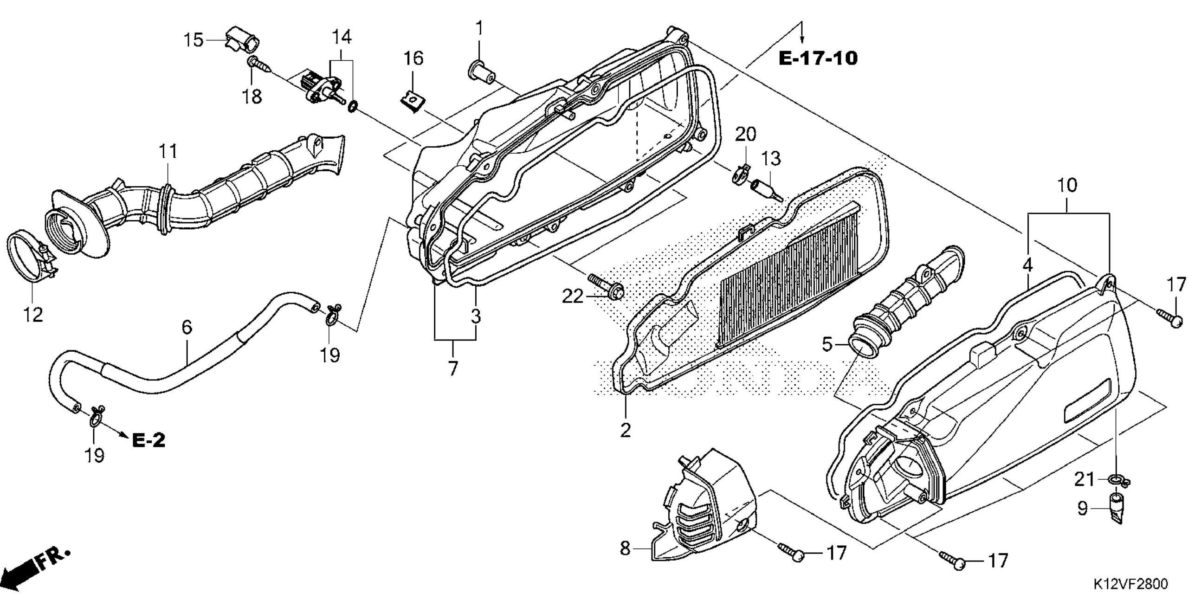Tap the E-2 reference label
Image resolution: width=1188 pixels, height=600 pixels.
click(148, 440)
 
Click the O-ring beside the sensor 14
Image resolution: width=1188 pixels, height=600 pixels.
click(352, 107)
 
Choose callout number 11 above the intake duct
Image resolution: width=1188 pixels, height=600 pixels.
click(168, 151)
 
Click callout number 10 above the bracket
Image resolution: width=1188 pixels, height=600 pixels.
click(1067, 186)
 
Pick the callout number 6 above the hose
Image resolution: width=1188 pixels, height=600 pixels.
click(186, 327)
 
